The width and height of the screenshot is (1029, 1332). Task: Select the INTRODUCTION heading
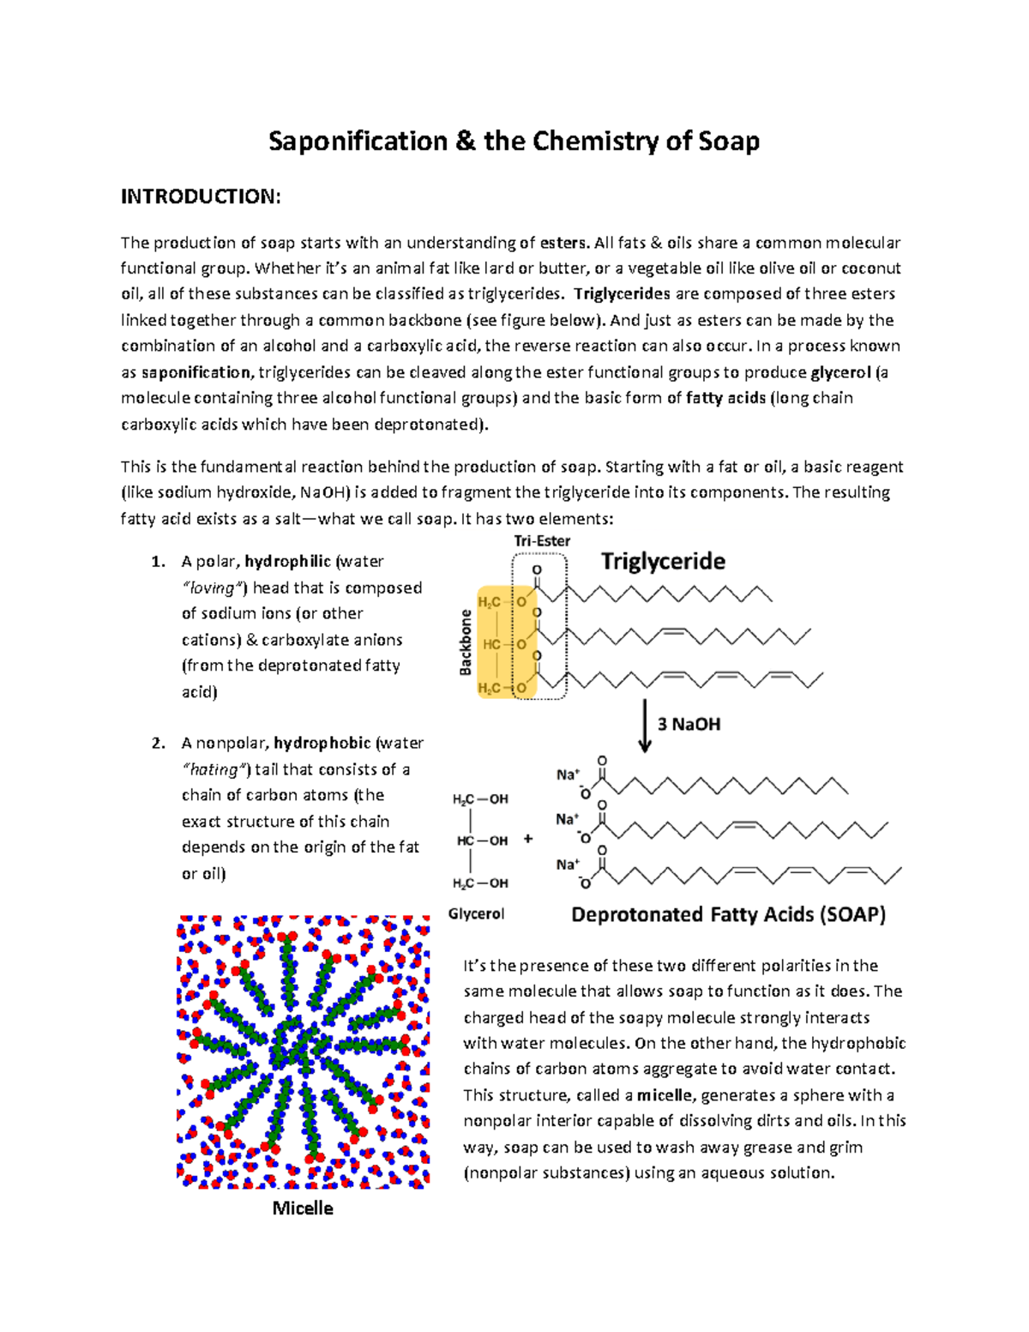[x=200, y=196]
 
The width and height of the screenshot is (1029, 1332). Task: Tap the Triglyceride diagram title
[x=663, y=561]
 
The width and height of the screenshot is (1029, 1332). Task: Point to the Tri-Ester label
[x=542, y=540]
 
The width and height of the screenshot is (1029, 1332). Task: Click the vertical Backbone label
[x=466, y=642]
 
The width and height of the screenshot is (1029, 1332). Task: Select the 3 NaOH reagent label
[x=689, y=724]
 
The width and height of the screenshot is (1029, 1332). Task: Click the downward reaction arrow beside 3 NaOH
[x=645, y=726]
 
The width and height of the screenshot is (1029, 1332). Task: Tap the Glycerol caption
[x=476, y=913]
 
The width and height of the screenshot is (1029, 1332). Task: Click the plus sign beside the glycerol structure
[x=528, y=839]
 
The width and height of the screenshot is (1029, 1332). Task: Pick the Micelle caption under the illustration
[x=303, y=1208]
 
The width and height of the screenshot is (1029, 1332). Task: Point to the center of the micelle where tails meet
[x=296, y=1048]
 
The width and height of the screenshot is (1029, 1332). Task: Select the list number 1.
[x=158, y=562]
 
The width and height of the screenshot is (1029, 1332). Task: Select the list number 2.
[x=158, y=743]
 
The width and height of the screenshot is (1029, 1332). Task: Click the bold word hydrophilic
[x=287, y=562]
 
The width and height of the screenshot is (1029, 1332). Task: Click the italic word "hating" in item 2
[x=214, y=769]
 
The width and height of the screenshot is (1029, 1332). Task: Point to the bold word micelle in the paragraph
[x=665, y=1095]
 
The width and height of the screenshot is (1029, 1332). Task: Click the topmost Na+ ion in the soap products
[x=568, y=774]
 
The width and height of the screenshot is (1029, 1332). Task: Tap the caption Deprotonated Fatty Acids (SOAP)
[x=728, y=914]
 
